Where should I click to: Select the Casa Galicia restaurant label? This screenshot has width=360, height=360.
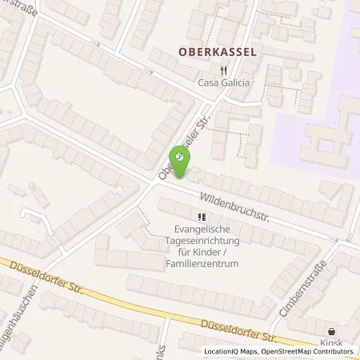coord(223,82)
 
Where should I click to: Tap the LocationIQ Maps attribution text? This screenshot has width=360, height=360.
coord(228,352)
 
